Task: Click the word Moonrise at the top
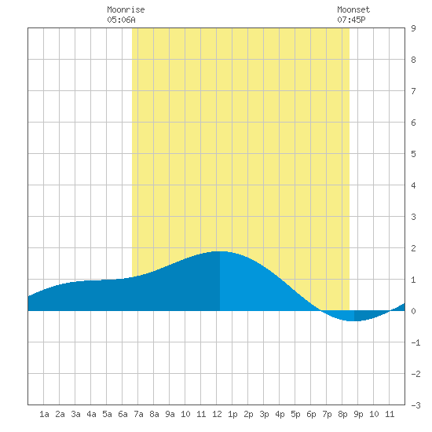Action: [126, 9]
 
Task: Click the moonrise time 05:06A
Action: [121, 20]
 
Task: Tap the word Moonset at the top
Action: [353, 9]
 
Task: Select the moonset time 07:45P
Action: [351, 20]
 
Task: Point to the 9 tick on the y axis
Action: [413, 28]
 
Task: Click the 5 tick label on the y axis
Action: [413, 154]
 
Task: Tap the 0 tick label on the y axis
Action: [413, 311]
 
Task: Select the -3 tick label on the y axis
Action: [416, 405]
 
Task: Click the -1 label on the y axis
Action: [416, 342]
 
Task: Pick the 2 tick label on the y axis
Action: [413, 248]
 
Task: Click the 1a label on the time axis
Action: [44, 414]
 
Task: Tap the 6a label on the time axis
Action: [123, 414]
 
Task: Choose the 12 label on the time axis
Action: [217, 414]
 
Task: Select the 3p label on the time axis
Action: [264, 414]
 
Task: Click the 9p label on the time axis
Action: [358, 414]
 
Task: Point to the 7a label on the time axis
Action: [138, 414]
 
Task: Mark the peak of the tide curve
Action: [220, 251]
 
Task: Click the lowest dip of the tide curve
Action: [352, 320]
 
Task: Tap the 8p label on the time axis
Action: [342, 414]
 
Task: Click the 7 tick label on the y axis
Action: [413, 91]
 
